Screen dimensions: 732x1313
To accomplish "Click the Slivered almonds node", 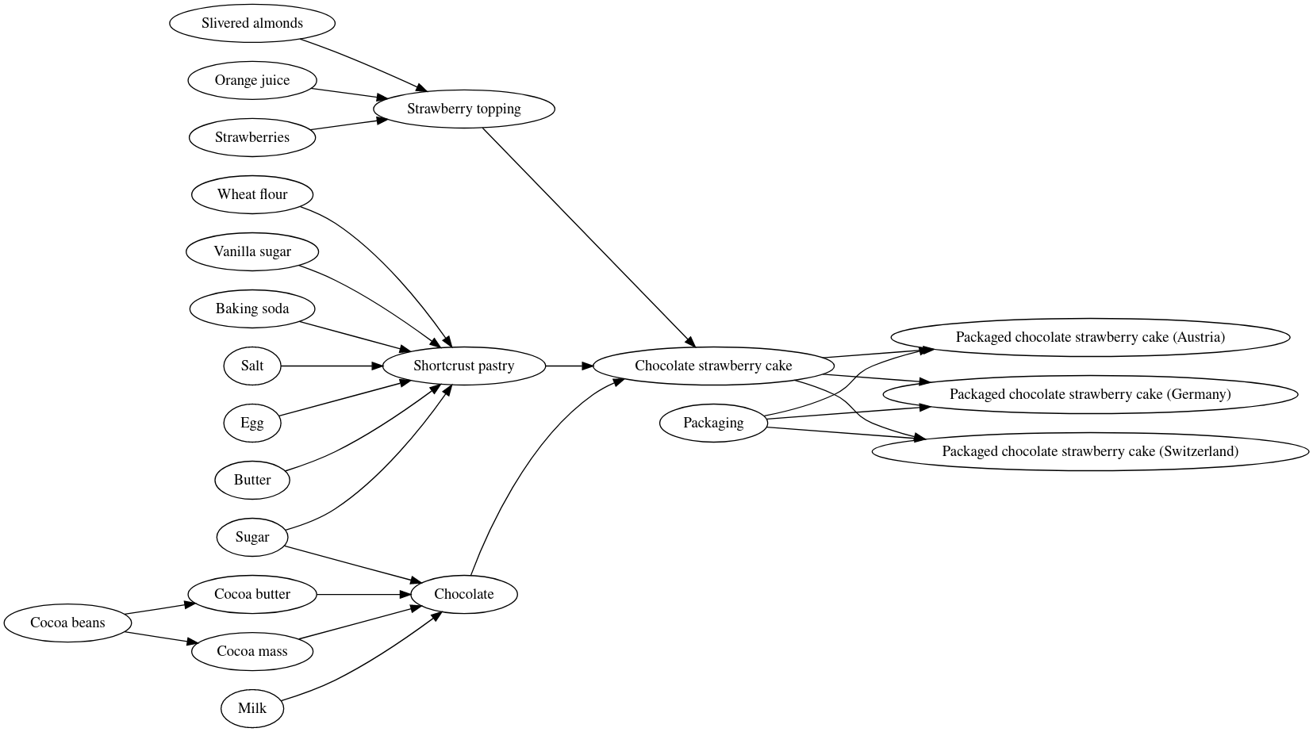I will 251,23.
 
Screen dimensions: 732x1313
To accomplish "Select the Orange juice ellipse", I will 251,80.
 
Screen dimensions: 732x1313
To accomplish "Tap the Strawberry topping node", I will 463,109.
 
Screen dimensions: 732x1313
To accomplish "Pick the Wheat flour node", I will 251,194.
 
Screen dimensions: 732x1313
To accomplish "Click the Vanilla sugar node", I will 251,251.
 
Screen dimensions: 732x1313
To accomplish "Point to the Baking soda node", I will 251,309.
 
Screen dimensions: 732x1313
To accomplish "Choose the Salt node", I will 251,366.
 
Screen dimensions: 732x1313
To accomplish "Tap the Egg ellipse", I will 251,423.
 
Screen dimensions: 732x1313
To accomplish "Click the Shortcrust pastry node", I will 463,366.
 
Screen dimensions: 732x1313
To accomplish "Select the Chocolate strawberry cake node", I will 712,366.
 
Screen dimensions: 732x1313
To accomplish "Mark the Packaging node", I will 712,423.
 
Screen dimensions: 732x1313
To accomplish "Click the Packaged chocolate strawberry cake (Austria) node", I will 1089,337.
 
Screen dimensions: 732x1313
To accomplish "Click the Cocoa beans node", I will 67,623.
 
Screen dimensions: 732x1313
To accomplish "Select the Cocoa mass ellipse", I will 251,651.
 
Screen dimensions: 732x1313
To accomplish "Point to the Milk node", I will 251,708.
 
